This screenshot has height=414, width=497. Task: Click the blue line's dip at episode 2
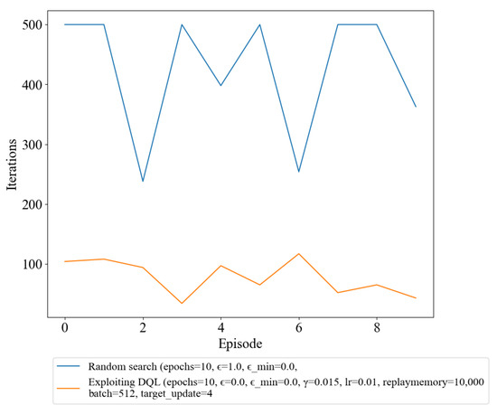[x=143, y=182]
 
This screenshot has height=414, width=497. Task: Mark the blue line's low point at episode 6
[x=299, y=172]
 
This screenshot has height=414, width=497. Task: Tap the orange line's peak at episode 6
[x=299, y=254]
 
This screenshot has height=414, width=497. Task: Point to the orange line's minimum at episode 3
[x=182, y=304]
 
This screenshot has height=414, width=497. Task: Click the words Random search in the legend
[x=120, y=367]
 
